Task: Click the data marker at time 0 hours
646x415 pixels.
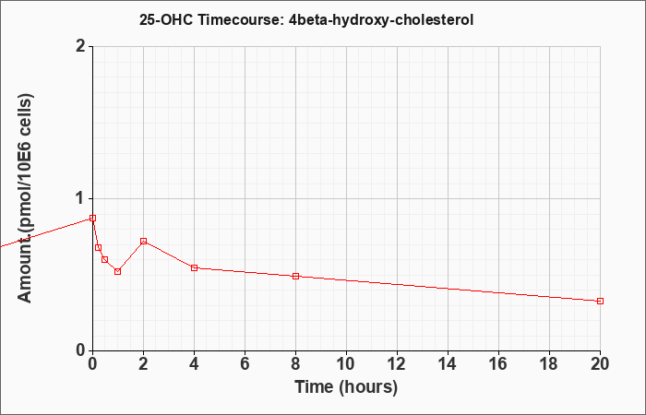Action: point(92,219)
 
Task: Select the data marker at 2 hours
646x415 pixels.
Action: point(143,241)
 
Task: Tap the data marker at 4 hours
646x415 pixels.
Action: point(195,267)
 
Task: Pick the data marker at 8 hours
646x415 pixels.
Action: point(296,276)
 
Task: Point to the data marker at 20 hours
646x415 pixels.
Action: point(600,301)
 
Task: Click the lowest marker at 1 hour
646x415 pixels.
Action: point(118,271)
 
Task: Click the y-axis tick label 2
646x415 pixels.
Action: point(81,46)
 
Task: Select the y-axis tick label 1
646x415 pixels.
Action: point(81,199)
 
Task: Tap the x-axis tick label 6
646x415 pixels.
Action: point(245,364)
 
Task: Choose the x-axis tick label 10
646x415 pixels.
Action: point(346,364)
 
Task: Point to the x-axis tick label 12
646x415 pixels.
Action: point(397,364)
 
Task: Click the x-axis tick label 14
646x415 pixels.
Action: point(448,364)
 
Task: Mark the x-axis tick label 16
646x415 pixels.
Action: point(498,364)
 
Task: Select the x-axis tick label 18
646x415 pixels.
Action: point(550,364)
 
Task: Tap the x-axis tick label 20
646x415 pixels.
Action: point(600,364)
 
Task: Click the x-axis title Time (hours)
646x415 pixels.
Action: point(346,387)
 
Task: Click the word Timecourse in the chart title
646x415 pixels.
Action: point(238,19)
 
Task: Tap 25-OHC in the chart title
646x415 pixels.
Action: point(165,19)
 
